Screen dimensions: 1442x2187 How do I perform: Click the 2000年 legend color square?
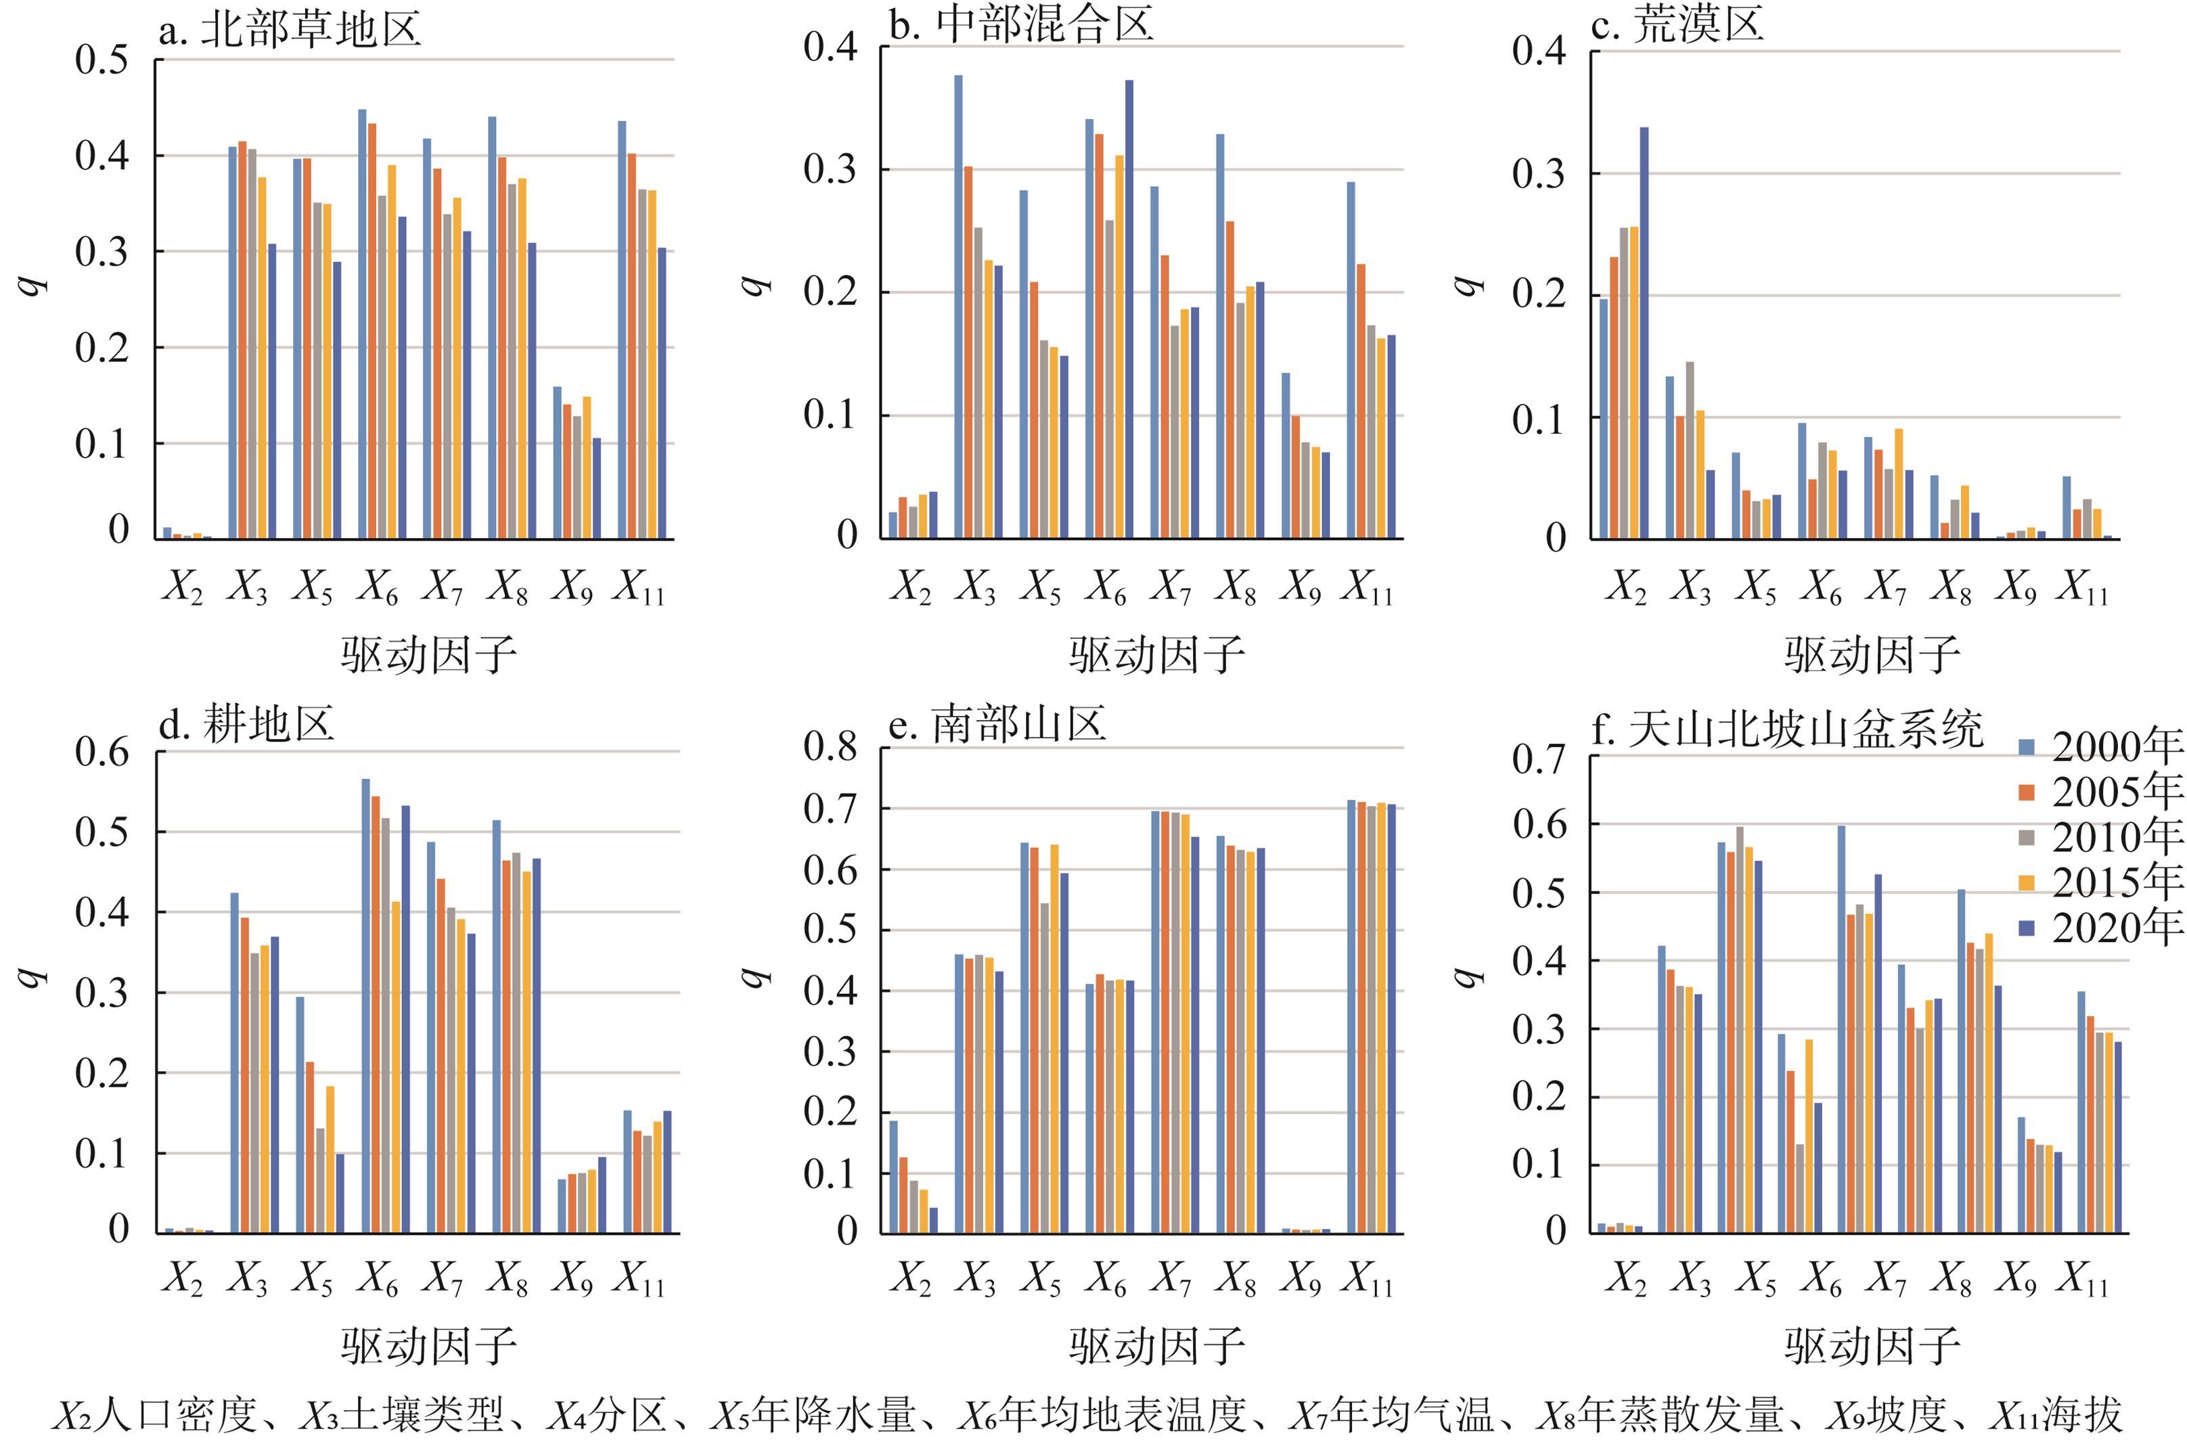(x=2026, y=747)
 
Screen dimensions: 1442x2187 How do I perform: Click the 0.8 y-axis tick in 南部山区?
(x=830, y=747)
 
